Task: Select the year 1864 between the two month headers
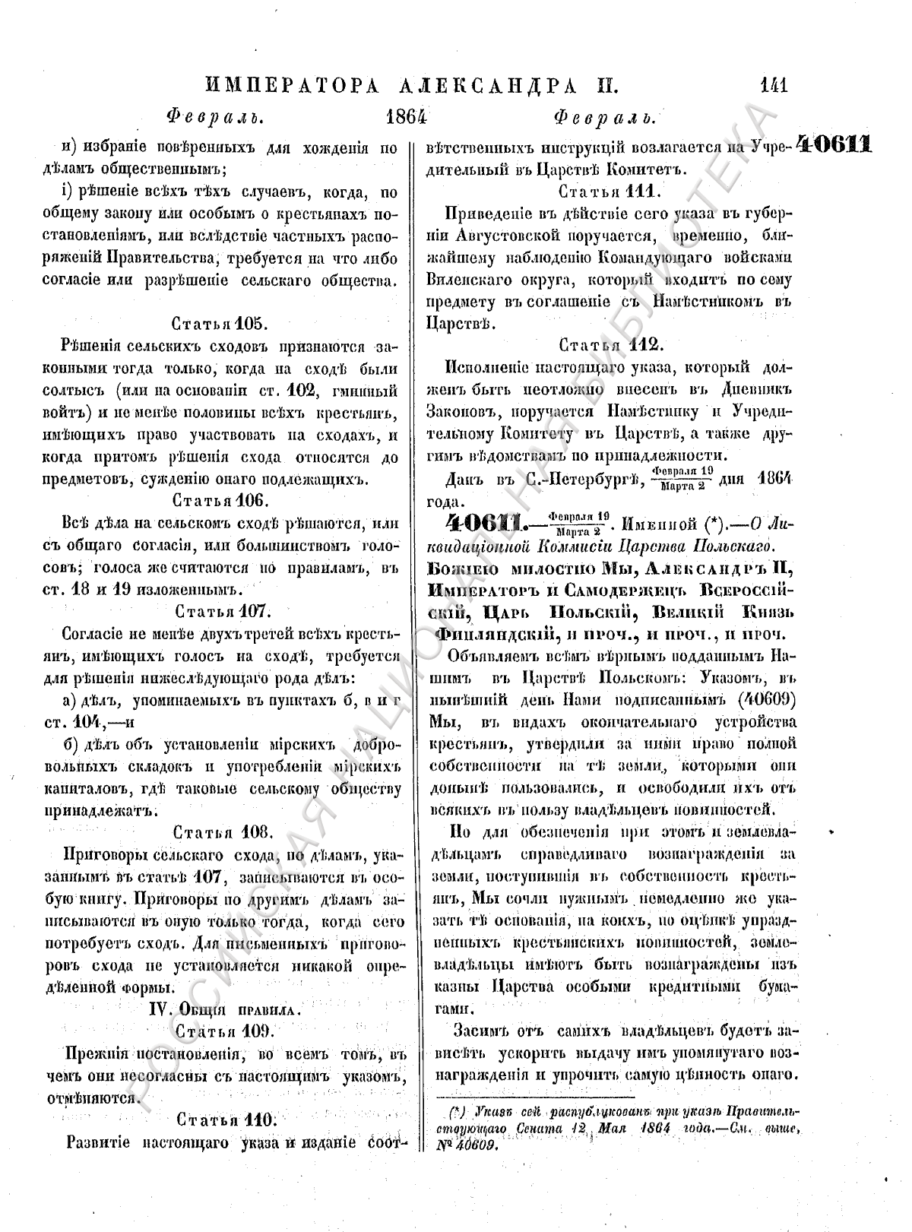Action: pos(407,116)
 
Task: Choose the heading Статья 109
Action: pos(218,1031)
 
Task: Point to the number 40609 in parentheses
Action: pos(765,698)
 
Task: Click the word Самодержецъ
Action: pos(602,588)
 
